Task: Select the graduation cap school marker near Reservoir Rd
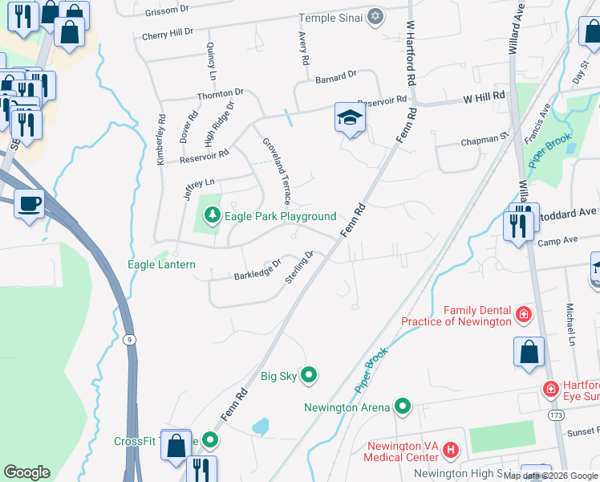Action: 350,119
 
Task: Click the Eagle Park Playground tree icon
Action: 212,215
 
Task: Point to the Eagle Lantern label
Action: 161,264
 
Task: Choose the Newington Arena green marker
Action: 403,407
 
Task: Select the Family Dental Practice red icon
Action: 524,313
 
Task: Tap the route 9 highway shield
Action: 130,340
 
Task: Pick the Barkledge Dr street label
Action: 257,270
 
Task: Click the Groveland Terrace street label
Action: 275,170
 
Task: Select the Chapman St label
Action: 484,142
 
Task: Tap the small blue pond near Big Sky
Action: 261,426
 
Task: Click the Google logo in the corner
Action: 26,472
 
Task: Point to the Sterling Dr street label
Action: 298,268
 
